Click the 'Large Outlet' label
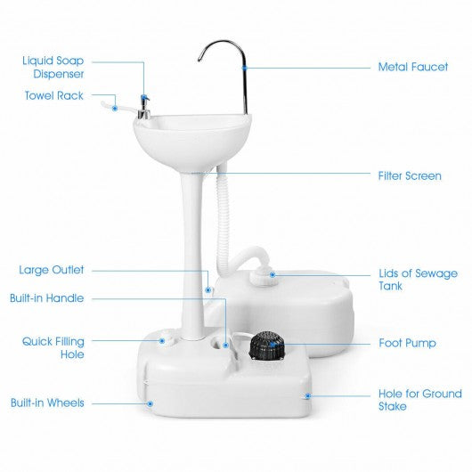[x=52, y=269]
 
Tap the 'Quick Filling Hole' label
[x=54, y=346]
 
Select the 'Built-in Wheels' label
[x=49, y=403]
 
